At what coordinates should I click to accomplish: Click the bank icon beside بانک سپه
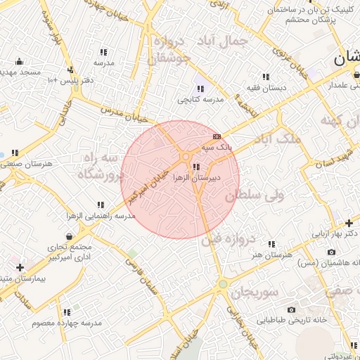pyautogui.click(x=217, y=136)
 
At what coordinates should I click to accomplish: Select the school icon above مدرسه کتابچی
pyautogui.click(x=200, y=89)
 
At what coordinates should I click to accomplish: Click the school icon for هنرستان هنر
pyautogui.click(x=271, y=244)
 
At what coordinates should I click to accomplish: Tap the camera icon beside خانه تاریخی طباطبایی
pyautogui.click(x=291, y=309)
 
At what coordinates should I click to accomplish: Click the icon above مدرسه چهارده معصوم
pyautogui.click(x=67, y=312)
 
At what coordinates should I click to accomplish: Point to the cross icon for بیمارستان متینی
pyautogui.click(x=20, y=267)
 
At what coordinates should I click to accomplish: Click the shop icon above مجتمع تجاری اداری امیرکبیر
pyautogui.click(x=68, y=236)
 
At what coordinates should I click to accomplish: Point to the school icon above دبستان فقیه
pyautogui.click(x=266, y=77)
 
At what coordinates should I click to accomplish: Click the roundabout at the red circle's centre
pyautogui.click(x=185, y=156)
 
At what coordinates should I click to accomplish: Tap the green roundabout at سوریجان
pyautogui.click(x=222, y=284)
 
